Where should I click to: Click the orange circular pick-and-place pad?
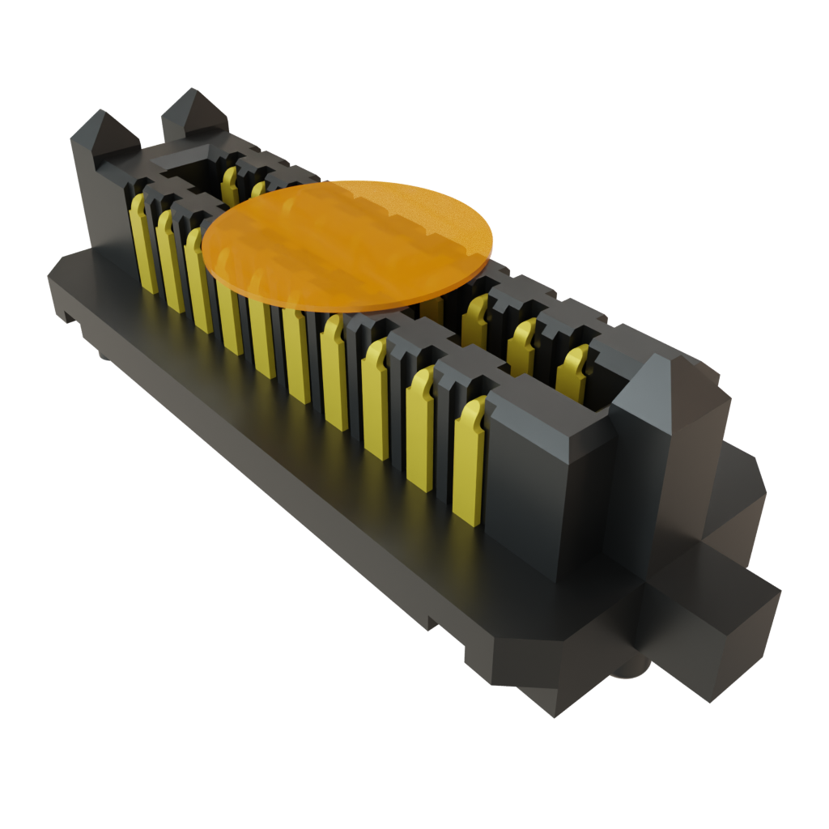[x=348, y=243]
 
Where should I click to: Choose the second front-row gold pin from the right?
[x=420, y=429]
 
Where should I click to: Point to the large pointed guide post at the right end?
[x=664, y=421]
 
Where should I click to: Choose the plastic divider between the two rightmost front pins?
[x=445, y=421]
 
